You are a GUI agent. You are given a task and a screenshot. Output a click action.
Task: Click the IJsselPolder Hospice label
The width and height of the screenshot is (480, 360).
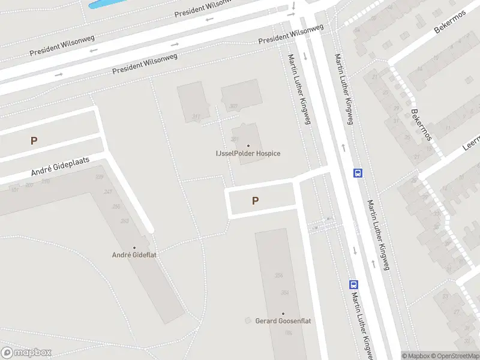[x=248, y=154]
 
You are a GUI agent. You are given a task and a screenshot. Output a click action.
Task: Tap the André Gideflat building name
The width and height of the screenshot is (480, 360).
[x=134, y=255]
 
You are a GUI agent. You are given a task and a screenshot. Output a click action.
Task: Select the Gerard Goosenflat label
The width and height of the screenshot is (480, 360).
[x=283, y=321]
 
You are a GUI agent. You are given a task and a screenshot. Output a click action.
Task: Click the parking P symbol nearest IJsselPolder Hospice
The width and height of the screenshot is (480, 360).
[x=256, y=201]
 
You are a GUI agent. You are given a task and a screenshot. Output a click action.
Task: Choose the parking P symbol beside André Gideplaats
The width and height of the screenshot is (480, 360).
[x=34, y=141]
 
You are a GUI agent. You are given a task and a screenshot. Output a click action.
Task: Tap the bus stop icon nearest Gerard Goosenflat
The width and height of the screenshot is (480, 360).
[x=354, y=285]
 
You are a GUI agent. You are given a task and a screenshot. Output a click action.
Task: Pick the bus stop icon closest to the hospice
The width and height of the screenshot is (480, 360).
[x=358, y=173]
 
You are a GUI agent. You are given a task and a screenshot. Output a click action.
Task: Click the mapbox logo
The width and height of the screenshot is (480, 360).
[x=26, y=353]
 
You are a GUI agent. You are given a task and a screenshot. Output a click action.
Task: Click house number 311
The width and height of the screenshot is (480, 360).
[x=196, y=116]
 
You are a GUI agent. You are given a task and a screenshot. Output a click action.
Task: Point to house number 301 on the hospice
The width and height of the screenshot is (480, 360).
[x=235, y=139]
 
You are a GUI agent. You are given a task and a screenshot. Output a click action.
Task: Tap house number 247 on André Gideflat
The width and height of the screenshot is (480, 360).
[x=108, y=192]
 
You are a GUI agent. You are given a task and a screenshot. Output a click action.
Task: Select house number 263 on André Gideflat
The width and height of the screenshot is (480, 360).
[x=125, y=221]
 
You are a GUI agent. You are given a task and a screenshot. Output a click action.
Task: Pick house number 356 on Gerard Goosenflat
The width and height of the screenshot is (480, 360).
[x=278, y=275]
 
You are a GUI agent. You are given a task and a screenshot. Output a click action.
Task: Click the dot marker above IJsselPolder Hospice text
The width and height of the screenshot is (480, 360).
[x=248, y=145]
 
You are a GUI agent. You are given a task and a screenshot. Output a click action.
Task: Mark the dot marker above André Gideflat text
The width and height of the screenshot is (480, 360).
[x=134, y=247]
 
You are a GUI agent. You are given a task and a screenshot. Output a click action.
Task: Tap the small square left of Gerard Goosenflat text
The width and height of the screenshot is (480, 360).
[x=248, y=321]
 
